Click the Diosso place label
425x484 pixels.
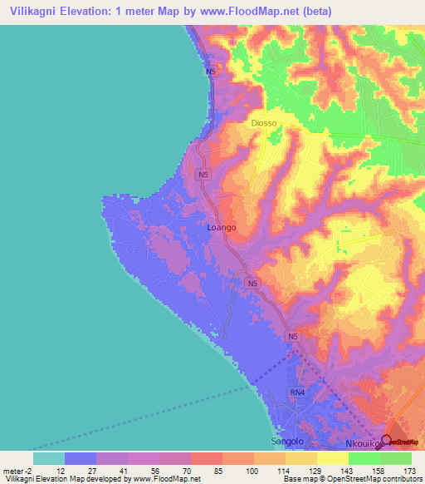(x=263, y=123)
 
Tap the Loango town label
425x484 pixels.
(x=221, y=227)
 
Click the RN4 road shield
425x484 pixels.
(x=297, y=391)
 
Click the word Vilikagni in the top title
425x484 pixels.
(x=35, y=12)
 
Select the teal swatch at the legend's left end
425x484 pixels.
(x=49, y=457)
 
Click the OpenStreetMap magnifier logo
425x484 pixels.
(x=386, y=441)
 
